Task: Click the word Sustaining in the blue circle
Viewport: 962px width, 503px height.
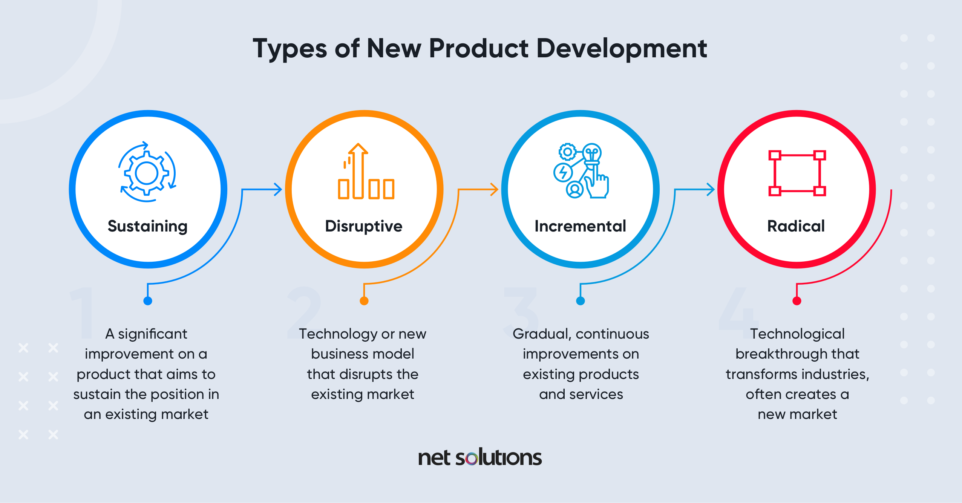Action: [x=147, y=227]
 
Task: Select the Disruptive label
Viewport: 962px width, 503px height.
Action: [x=364, y=226]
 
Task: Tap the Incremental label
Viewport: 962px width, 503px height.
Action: [x=581, y=226]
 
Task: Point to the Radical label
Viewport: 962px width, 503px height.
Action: [x=796, y=226]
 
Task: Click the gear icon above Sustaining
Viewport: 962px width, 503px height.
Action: [x=147, y=172]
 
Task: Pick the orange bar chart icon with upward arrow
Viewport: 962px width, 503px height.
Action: [x=366, y=171]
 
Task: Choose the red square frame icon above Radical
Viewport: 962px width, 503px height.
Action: [x=797, y=173]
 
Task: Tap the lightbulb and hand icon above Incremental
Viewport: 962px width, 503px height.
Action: [x=581, y=171]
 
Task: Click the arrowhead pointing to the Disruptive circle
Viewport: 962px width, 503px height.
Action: [x=278, y=189]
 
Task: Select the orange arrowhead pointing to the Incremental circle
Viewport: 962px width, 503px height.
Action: [x=494, y=189]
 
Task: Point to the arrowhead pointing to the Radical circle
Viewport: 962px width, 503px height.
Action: [x=711, y=189]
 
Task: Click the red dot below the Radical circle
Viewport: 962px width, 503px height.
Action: [x=797, y=301]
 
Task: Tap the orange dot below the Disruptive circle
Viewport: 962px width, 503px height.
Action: [x=364, y=301]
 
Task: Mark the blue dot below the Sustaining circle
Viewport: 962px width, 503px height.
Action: [x=148, y=301]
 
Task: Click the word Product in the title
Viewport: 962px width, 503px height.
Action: [x=479, y=49]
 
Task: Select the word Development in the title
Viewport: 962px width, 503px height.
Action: [x=622, y=49]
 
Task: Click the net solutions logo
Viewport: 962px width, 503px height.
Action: [x=480, y=457]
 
